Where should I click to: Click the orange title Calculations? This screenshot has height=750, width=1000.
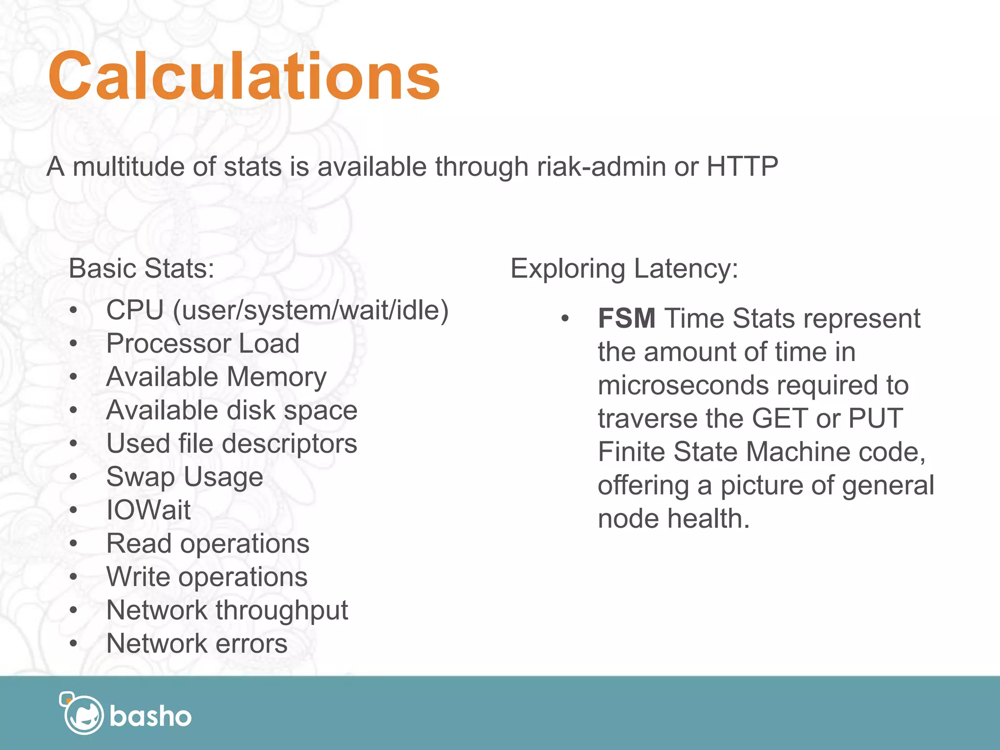[244, 76]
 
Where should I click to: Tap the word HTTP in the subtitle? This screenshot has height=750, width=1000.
[742, 167]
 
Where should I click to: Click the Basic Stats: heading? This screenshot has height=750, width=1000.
[142, 268]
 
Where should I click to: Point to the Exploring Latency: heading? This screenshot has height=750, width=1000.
[624, 268]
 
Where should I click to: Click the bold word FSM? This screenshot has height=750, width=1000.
[626, 318]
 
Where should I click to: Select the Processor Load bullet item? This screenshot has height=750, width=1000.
[203, 343]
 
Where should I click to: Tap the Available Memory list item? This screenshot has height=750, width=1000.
[216, 377]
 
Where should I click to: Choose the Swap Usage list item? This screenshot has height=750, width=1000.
[185, 477]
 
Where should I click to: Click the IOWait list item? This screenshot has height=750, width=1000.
[148, 510]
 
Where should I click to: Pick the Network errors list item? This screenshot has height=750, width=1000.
[197, 643]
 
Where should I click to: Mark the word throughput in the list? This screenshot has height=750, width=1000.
[282, 610]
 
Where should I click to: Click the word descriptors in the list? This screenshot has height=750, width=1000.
[290, 444]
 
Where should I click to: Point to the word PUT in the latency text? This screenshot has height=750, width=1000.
[875, 418]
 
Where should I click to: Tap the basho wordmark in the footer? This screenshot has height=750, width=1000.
[150, 716]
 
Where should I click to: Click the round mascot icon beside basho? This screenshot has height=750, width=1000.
[83, 714]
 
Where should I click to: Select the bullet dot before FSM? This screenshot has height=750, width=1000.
[565, 319]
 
